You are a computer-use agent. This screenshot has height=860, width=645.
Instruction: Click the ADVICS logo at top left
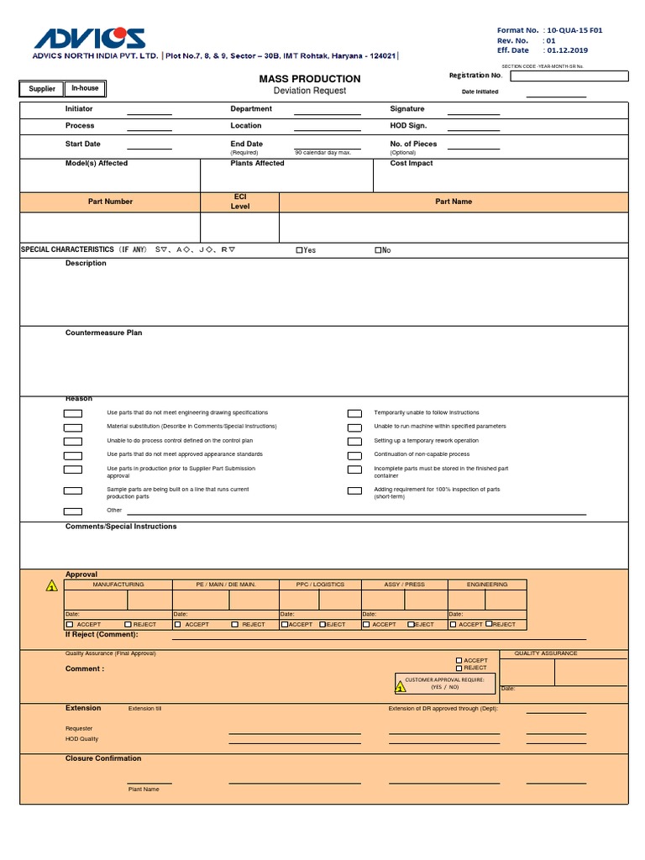[89, 39]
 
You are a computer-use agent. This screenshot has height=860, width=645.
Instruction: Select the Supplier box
[42, 88]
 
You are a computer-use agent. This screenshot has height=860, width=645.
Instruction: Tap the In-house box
[85, 88]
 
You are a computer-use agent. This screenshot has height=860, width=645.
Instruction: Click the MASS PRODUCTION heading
[309, 78]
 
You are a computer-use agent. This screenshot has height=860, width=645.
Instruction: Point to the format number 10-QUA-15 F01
[574, 30]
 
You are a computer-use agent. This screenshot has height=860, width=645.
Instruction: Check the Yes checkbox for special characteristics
[299, 250]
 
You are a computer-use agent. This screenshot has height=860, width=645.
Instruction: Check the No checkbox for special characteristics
[378, 250]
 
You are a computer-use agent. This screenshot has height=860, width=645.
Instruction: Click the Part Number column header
[110, 202]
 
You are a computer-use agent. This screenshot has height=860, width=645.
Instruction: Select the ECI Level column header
[240, 202]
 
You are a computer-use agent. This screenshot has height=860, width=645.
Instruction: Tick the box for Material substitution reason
[73, 427]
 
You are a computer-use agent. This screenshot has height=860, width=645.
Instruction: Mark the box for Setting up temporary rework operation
[354, 441]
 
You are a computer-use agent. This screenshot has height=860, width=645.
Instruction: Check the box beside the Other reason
[73, 511]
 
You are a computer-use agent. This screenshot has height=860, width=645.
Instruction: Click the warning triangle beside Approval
[51, 586]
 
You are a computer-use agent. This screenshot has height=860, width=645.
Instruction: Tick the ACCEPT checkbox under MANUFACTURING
[70, 625]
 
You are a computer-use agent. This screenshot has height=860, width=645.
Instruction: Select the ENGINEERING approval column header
[487, 585]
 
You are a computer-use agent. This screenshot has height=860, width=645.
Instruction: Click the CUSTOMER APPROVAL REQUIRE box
[444, 684]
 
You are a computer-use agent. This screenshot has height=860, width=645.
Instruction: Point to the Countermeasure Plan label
[103, 333]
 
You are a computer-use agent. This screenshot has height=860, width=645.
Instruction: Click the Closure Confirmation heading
[103, 758]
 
